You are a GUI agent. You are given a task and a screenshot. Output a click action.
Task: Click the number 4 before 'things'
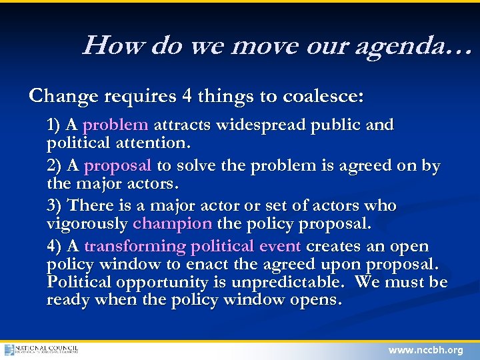coord(187,97)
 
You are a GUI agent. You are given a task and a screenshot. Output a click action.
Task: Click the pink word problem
coord(115,125)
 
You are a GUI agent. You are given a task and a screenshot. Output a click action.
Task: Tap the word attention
coord(157,142)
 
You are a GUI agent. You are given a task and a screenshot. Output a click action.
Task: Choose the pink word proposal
coord(119,166)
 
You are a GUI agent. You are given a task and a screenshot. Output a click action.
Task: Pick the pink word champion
coord(173,223)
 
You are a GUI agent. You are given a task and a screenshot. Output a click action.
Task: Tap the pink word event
coord(280,246)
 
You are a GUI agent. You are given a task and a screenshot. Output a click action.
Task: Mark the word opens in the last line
coord(317,300)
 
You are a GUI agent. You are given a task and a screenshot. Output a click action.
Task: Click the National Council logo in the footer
coord(41,350)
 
